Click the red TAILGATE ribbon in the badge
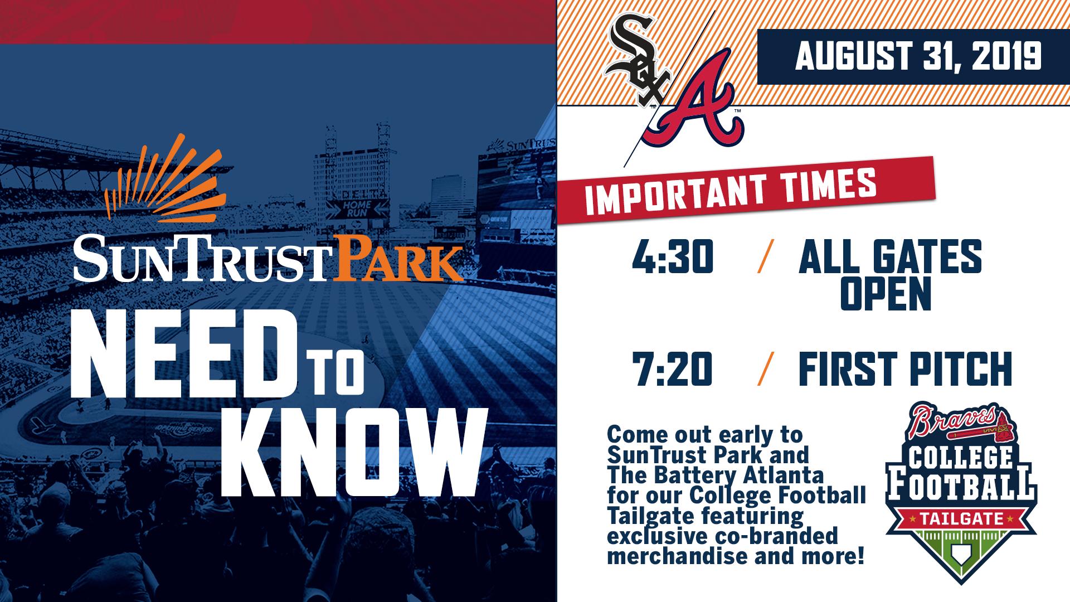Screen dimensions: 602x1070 click(959, 521)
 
